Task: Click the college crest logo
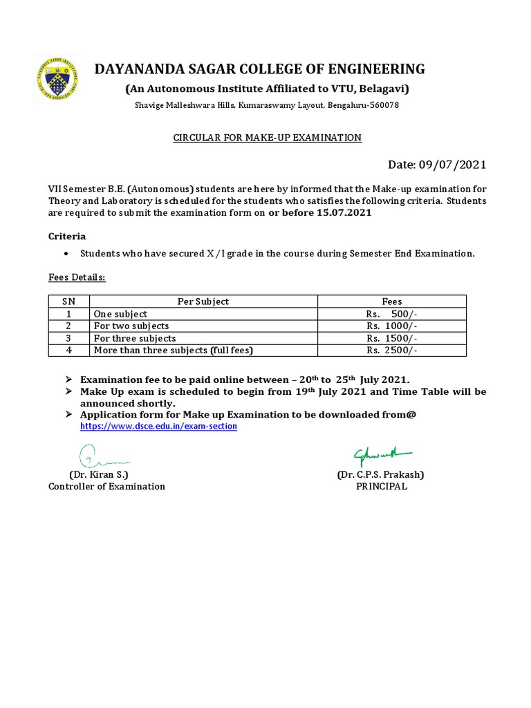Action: (x=56, y=80)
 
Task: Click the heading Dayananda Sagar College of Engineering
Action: (x=260, y=68)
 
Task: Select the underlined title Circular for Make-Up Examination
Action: (x=267, y=138)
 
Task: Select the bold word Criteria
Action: (x=67, y=236)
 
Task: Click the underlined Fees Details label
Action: (x=77, y=277)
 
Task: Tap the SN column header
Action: (x=68, y=301)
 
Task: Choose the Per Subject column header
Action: (x=203, y=301)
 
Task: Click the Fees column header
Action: (x=392, y=301)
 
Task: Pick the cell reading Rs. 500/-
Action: (x=392, y=314)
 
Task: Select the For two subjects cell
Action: (x=131, y=326)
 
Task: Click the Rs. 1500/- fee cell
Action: (x=392, y=338)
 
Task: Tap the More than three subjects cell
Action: (x=174, y=351)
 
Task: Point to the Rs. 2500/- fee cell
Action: (x=392, y=351)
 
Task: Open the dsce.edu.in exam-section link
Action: (x=158, y=427)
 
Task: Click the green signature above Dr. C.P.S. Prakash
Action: (x=381, y=454)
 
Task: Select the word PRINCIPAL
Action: (x=382, y=486)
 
